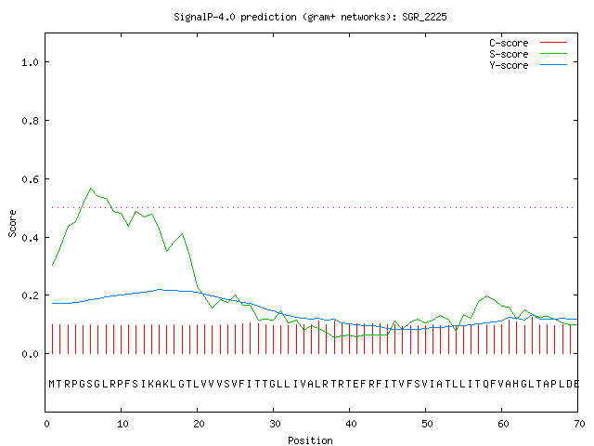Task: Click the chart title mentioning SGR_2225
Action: click(x=310, y=17)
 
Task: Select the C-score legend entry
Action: click(x=528, y=43)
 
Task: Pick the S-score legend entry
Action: click(x=528, y=54)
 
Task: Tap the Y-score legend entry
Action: click(x=528, y=65)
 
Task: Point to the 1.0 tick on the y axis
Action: click(x=30, y=62)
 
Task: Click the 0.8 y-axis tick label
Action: click(x=30, y=121)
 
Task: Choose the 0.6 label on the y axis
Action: click(x=30, y=179)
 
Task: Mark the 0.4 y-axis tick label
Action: click(x=30, y=238)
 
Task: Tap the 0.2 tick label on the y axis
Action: click(x=30, y=295)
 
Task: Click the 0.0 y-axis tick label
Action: click(x=30, y=354)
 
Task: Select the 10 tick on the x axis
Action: click(x=123, y=424)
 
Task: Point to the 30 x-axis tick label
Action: click(x=275, y=424)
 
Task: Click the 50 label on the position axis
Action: click(x=427, y=424)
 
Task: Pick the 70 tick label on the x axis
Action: click(x=579, y=424)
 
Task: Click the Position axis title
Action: click(x=310, y=440)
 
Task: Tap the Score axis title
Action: click(x=12, y=223)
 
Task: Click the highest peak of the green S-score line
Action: click(x=91, y=188)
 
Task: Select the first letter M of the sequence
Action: click(x=52, y=384)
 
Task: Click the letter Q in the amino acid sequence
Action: click(x=485, y=384)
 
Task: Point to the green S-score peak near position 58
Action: click(x=486, y=295)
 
